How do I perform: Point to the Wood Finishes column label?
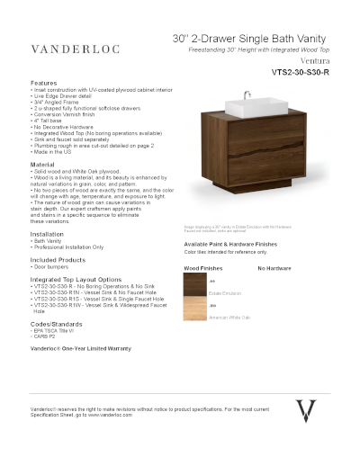click(x=202, y=269)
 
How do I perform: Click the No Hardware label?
click(x=275, y=269)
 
